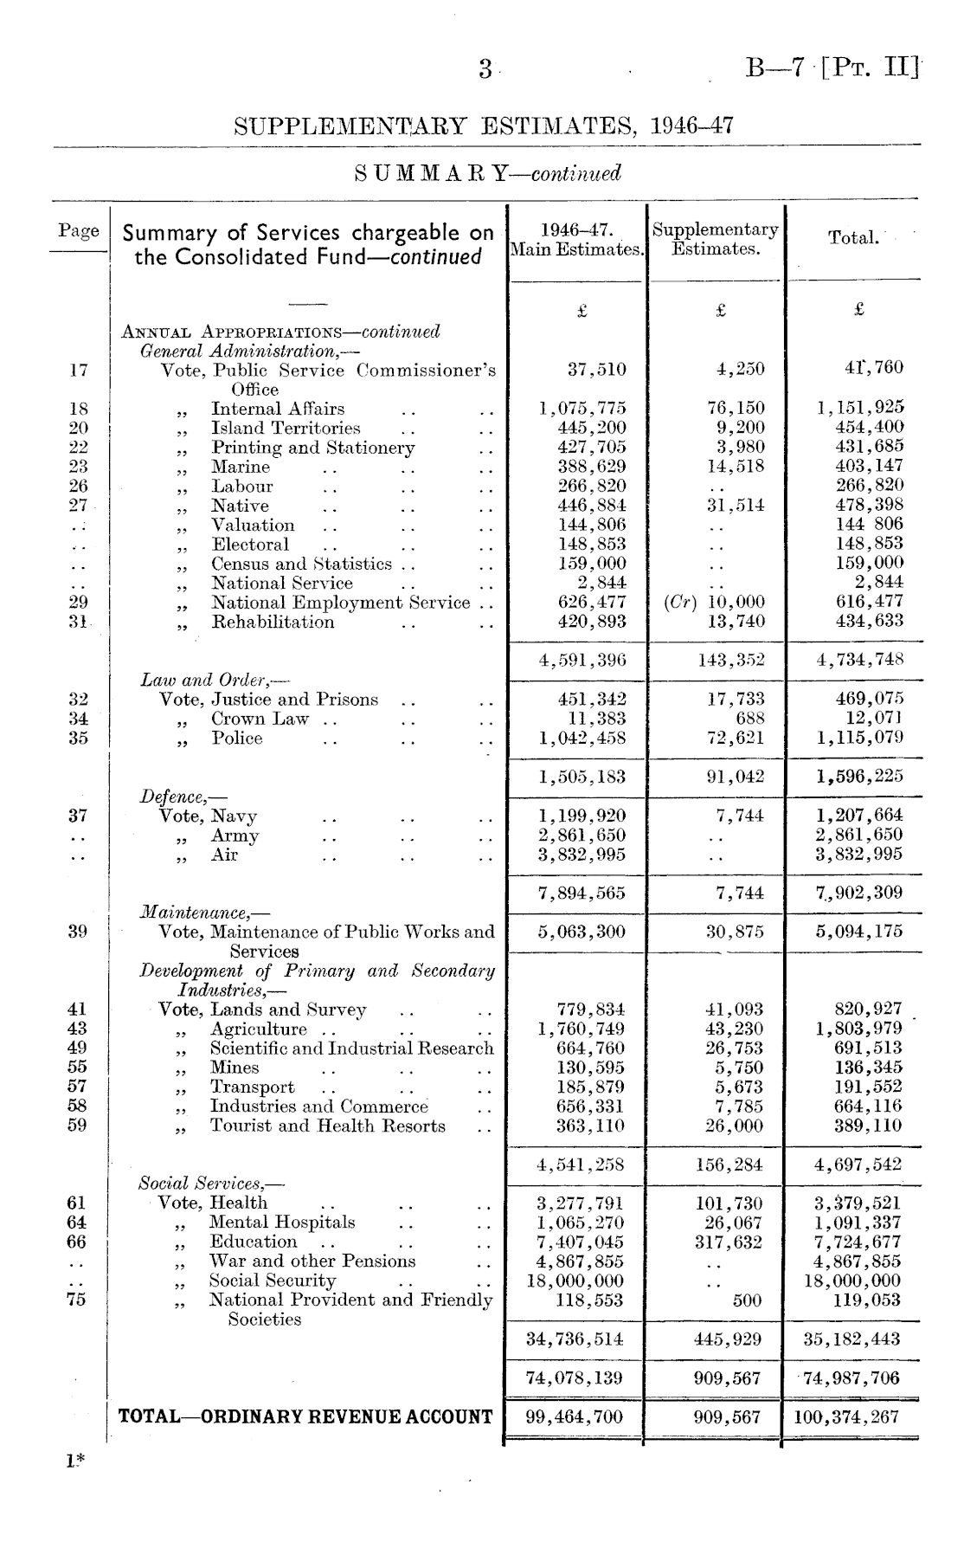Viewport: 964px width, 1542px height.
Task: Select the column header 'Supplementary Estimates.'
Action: pyautogui.click(x=716, y=240)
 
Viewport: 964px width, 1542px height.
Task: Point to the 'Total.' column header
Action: pyautogui.click(x=853, y=237)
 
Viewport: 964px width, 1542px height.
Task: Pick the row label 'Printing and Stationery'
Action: pyautogui.click(x=313, y=448)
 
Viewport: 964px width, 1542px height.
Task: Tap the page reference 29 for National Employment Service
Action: pyautogui.click(x=77, y=603)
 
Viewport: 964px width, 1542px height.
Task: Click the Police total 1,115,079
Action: pyautogui.click(x=860, y=739)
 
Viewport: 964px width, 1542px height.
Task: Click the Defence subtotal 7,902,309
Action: pyautogui.click(x=860, y=893)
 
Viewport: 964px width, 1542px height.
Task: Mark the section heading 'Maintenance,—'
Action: pyautogui.click(x=204, y=912)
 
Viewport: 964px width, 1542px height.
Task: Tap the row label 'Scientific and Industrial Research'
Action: pyautogui.click(x=351, y=1048)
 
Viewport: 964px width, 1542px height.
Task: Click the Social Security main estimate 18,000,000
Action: pyautogui.click(x=575, y=1281)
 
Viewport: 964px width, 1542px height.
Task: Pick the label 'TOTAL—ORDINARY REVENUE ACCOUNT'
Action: pyautogui.click(x=305, y=1417)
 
